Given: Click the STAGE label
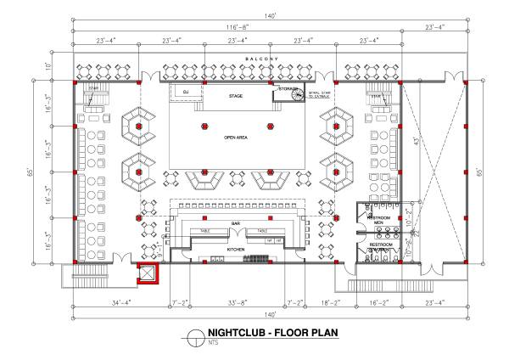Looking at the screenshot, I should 236,96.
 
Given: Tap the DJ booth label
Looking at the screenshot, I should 185,91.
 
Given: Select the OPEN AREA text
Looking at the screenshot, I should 237,137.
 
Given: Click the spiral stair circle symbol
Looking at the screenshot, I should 296,96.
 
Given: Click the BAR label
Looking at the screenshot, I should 238,224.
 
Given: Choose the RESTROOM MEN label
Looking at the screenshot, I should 378,221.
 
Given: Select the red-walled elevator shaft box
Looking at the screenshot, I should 149,273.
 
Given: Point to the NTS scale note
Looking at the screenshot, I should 213,343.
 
